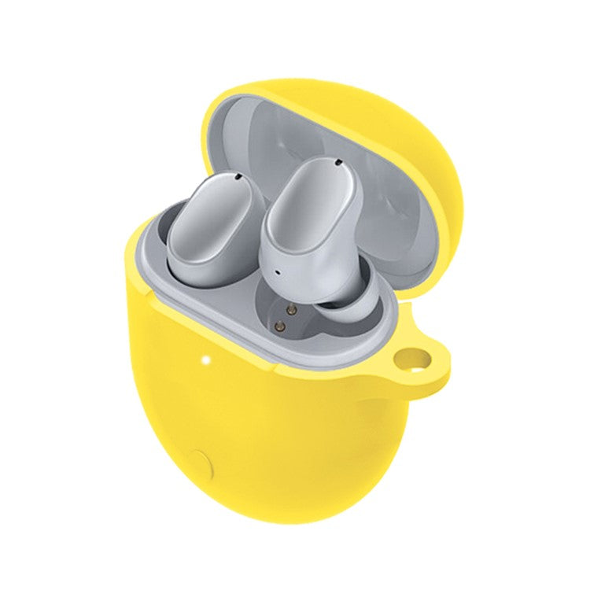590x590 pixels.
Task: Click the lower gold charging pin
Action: (x=279, y=323)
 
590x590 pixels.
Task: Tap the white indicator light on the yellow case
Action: (x=206, y=363)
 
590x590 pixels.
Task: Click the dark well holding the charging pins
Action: (x=295, y=319)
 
